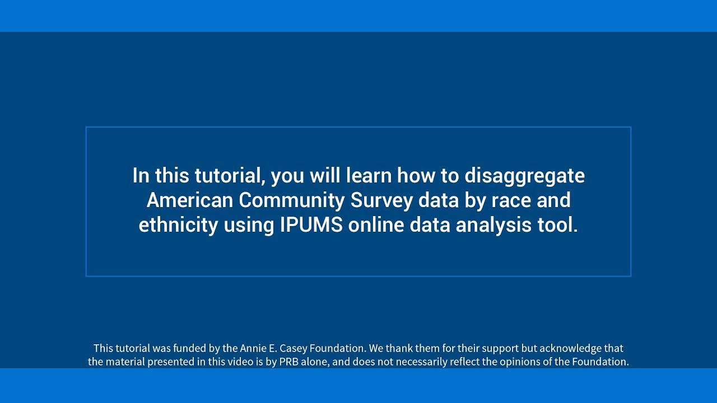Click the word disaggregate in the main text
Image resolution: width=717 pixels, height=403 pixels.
pyautogui.click(x=524, y=176)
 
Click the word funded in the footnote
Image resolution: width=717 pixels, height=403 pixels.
pyautogui.click(x=190, y=348)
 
